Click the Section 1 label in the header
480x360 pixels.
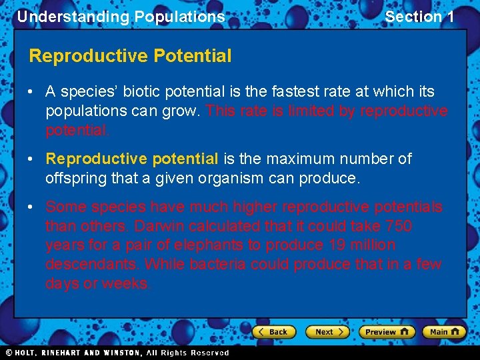(x=419, y=17)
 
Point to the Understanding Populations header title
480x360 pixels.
(x=121, y=17)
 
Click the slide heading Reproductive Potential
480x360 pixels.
(x=130, y=56)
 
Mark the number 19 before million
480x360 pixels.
(x=336, y=245)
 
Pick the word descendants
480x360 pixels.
(x=91, y=264)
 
